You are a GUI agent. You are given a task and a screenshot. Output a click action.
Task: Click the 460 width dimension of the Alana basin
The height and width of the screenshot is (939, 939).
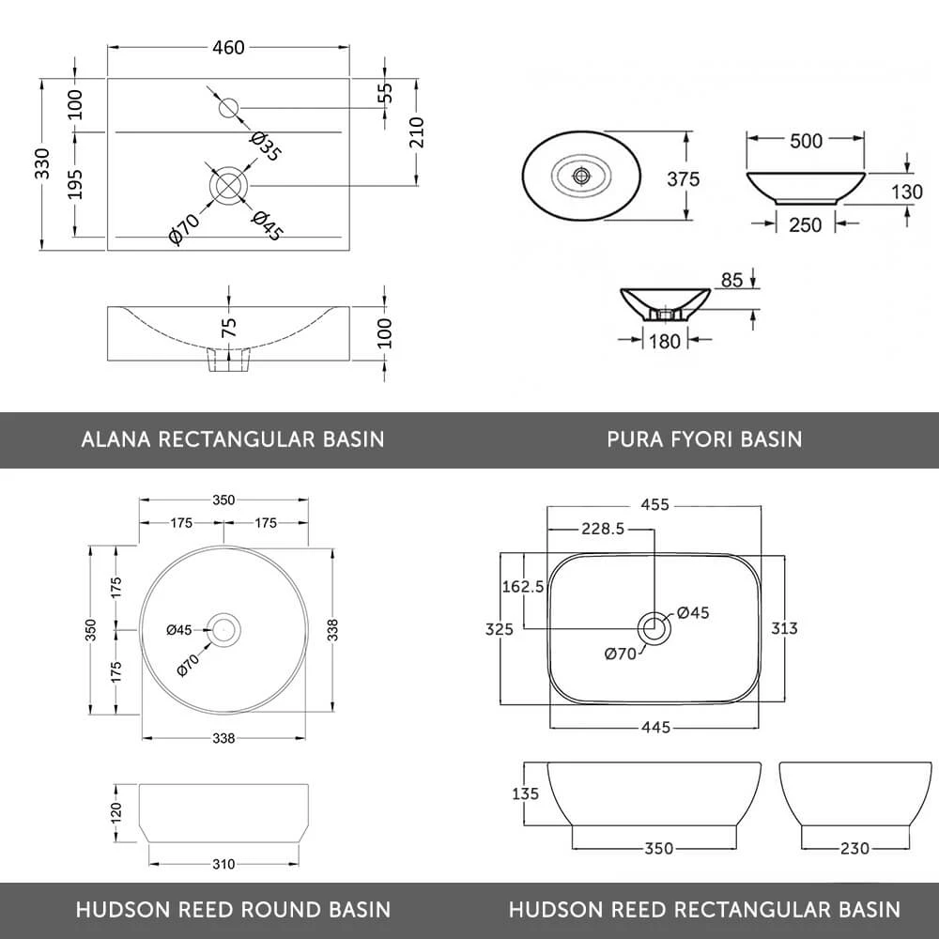[228, 47]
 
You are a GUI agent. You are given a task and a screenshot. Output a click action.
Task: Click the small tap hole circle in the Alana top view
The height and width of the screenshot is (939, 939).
[228, 107]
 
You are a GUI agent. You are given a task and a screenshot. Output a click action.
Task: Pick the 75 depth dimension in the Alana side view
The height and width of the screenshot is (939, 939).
[229, 327]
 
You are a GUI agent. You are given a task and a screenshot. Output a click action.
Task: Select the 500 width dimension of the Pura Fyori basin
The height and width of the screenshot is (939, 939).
[806, 141]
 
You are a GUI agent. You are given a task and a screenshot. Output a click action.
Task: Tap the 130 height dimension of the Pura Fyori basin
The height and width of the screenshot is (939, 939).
[906, 192]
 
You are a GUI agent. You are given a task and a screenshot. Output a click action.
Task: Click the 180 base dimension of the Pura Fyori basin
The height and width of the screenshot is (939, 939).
[665, 342]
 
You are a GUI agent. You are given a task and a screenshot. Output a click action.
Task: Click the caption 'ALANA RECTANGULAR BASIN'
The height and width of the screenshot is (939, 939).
[233, 439]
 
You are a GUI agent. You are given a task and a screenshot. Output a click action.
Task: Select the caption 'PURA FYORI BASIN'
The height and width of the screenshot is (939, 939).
[704, 439]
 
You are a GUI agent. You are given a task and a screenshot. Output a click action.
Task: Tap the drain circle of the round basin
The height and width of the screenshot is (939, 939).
[223, 628]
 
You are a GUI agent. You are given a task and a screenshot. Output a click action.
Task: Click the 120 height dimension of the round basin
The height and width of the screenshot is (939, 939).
[117, 811]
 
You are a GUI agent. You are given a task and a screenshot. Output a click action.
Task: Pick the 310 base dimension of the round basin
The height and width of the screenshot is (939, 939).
[223, 864]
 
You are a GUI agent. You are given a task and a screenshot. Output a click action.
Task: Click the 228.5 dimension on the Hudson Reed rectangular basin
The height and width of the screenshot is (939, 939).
[603, 530]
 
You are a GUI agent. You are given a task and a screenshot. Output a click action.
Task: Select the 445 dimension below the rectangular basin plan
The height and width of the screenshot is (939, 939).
[654, 727]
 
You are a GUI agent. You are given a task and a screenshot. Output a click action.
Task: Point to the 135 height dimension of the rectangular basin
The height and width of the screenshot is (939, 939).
[526, 794]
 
